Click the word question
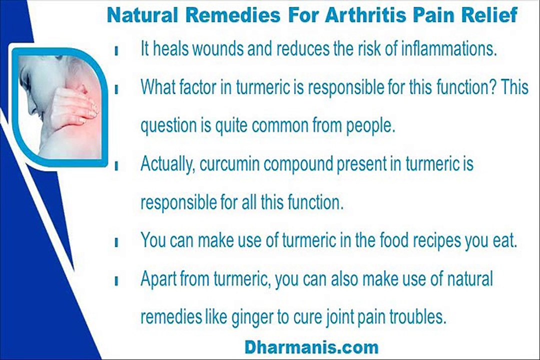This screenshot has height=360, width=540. [168, 126]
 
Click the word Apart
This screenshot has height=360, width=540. [157, 279]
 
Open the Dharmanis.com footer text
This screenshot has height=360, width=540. [311, 346]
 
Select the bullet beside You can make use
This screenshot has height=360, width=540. [116, 242]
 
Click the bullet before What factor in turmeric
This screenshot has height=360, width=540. [116, 89]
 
